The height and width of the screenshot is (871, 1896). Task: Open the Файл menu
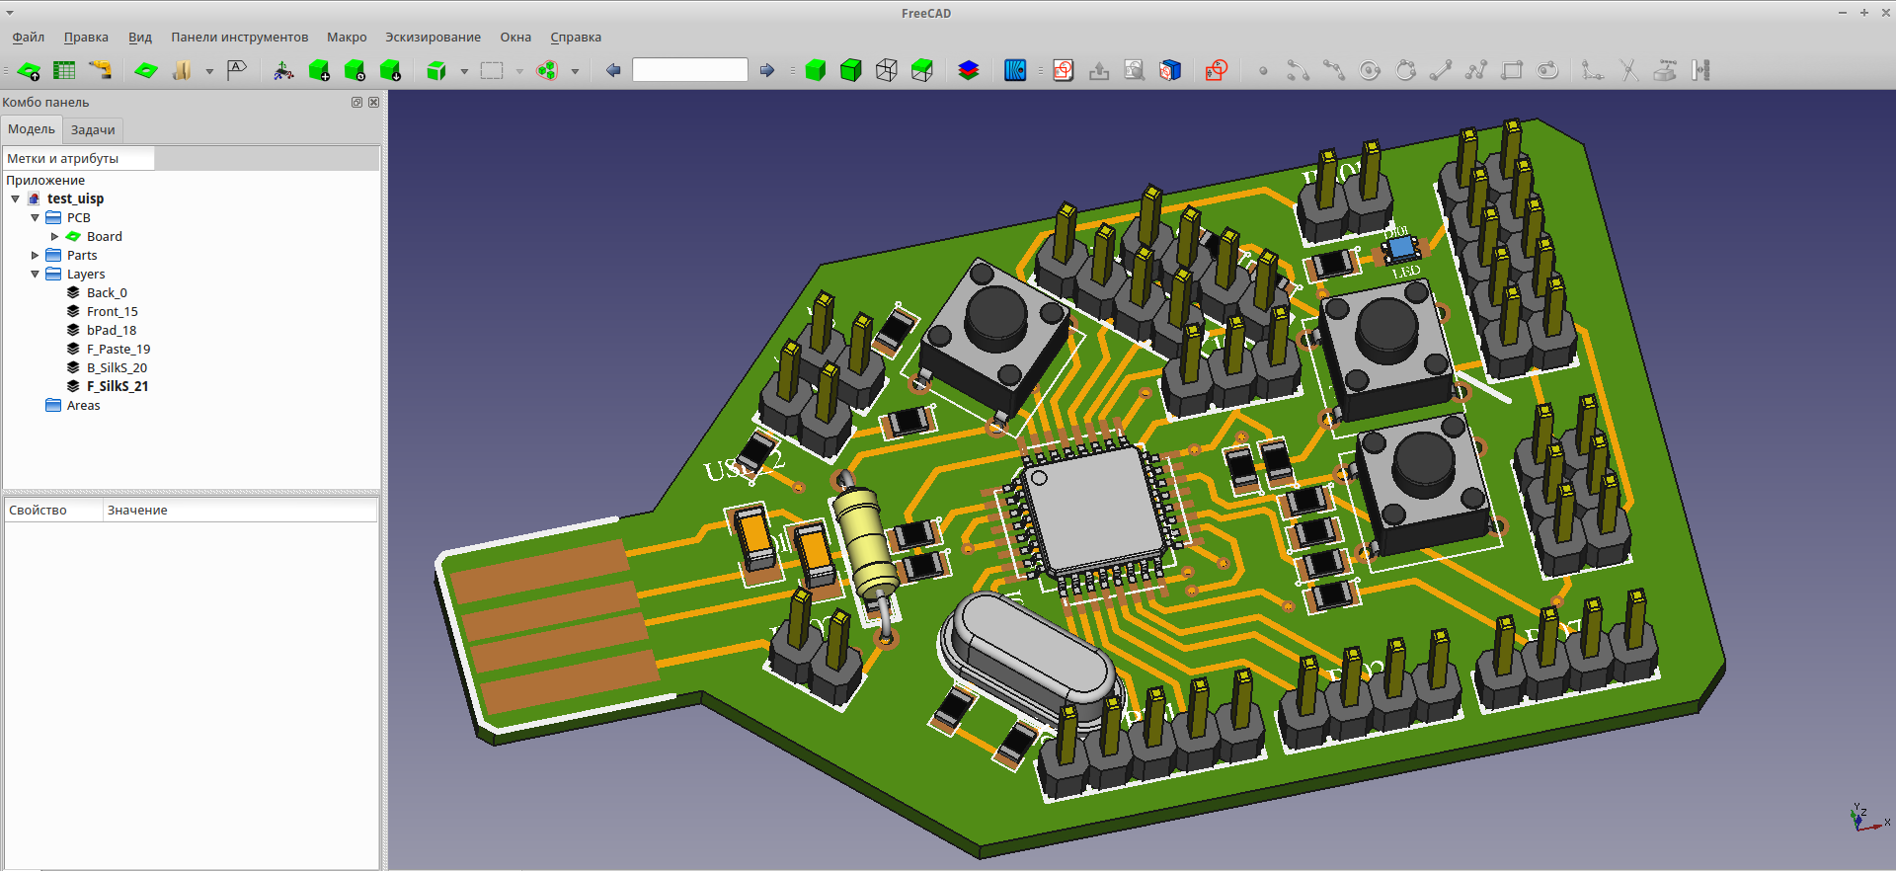coord(28,38)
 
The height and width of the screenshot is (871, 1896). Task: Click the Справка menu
coord(575,38)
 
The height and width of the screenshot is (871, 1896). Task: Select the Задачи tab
coord(93,130)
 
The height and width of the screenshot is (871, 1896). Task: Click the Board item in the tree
coord(104,237)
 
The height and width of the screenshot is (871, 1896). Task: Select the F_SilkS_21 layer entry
coord(117,387)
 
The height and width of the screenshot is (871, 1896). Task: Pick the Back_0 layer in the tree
coord(107,293)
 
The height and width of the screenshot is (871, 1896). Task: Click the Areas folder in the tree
coord(83,406)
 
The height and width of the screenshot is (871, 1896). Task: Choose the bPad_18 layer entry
coord(111,331)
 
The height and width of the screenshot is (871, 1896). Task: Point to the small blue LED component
coord(1399,248)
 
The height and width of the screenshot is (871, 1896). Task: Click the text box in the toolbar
coord(689,70)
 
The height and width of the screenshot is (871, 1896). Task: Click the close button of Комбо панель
coord(373,103)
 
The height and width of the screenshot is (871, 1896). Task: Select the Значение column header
coord(137,511)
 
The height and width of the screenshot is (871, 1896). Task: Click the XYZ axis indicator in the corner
coord(1865,819)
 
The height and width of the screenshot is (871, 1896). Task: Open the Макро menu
coord(347,38)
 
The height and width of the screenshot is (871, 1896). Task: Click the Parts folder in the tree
coord(82,256)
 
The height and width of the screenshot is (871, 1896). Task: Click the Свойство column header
coord(38,511)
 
